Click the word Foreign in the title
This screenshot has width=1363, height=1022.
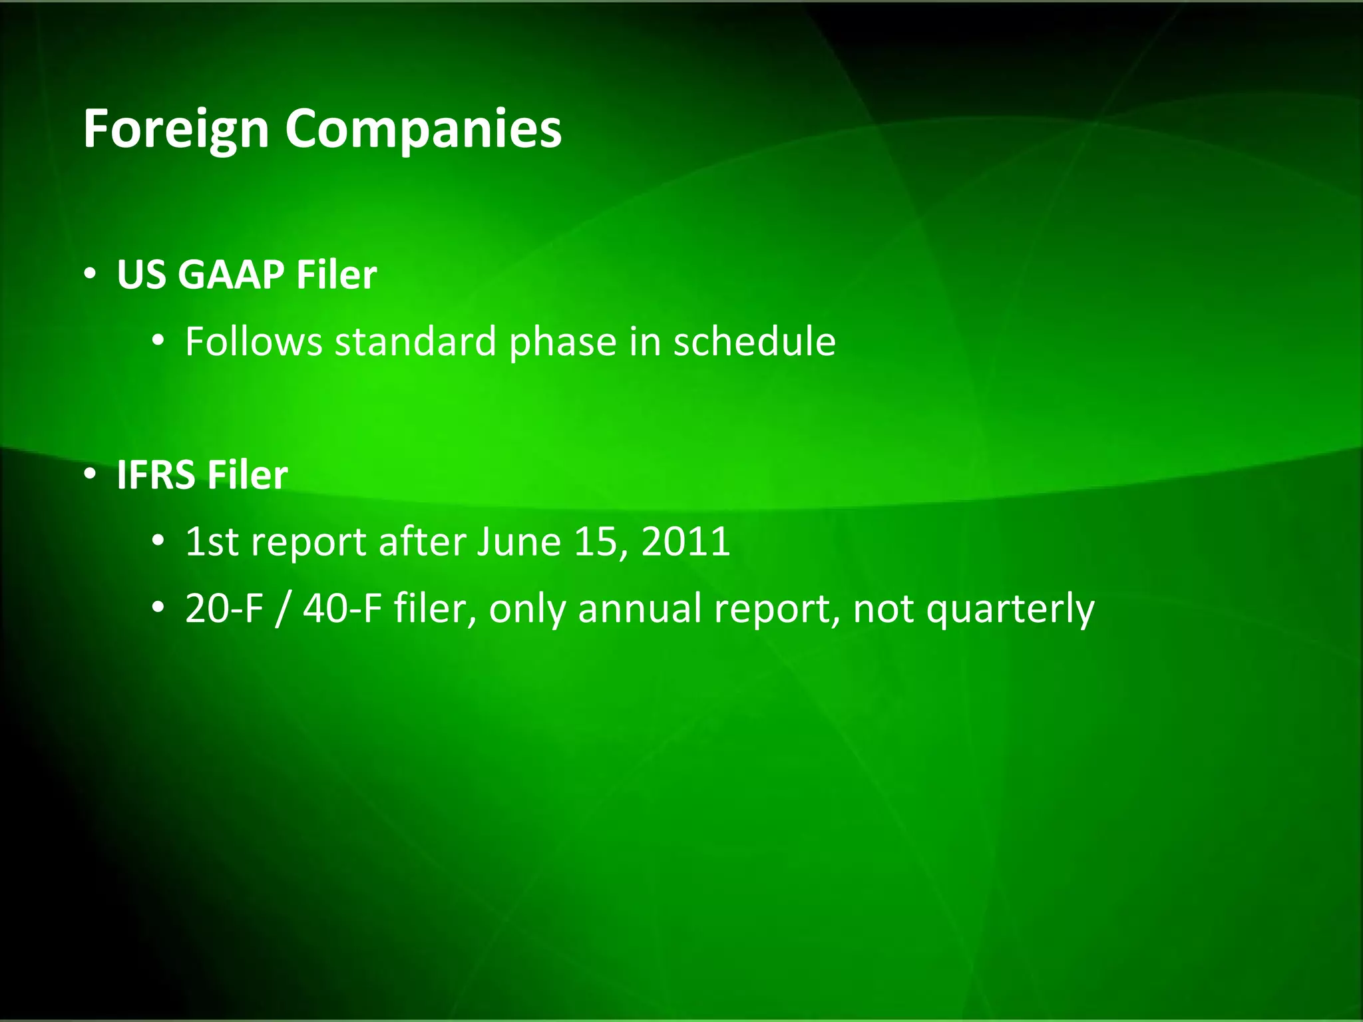[176, 129]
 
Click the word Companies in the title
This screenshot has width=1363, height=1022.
[423, 129]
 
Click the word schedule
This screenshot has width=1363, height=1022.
[754, 341]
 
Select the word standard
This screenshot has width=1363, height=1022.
[415, 341]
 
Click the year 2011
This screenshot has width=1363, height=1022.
[685, 542]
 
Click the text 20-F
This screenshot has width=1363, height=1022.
[224, 608]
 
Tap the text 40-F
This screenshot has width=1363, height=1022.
[342, 608]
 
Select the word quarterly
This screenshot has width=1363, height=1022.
[1010, 609]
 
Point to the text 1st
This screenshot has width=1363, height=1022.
[212, 542]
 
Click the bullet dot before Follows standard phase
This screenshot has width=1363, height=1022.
[158, 341]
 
